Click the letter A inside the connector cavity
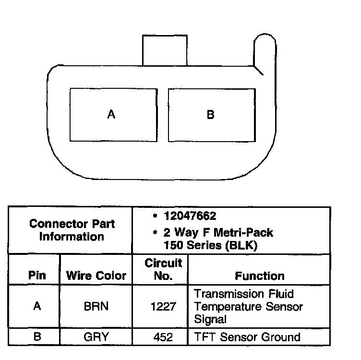(x=111, y=115)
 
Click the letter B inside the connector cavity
(x=210, y=115)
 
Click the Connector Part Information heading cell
(x=72, y=230)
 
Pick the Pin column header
(x=37, y=276)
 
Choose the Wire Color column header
(x=96, y=276)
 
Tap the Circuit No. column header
(x=163, y=269)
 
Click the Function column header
(x=259, y=276)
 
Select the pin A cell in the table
(x=37, y=306)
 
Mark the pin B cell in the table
(x=37, y=336)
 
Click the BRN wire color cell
(x=96, y=306)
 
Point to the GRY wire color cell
(x=96, y=336)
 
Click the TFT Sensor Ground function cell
(x=247, y=336)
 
